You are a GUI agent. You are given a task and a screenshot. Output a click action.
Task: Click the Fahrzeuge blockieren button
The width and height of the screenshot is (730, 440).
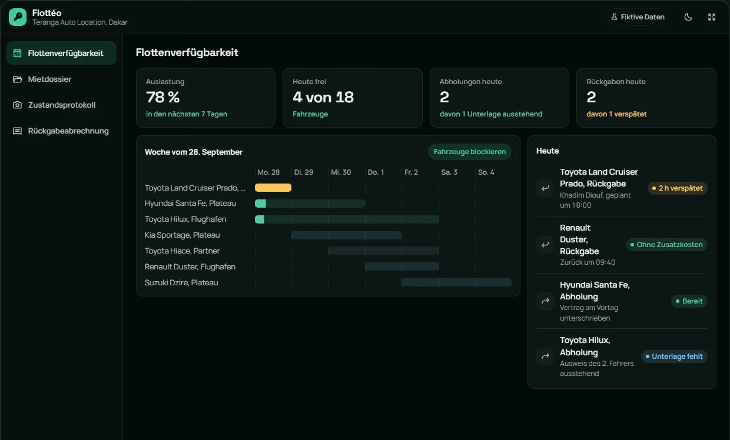pos(469,152)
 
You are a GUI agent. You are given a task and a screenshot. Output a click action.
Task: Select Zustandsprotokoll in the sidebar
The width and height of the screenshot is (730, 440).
pos(61,105)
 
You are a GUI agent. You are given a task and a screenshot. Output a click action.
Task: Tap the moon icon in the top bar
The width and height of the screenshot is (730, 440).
pos(688,17)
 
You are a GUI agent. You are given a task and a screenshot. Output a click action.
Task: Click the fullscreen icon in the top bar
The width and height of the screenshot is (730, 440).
pos(711,17)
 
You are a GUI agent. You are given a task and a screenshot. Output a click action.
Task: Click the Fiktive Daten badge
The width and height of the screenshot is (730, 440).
pos(638,17)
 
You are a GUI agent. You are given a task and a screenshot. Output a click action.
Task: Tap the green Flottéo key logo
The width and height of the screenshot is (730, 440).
pos(18,17)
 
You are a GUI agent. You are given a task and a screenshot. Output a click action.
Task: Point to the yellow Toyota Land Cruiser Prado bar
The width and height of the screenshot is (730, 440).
pos(273,188)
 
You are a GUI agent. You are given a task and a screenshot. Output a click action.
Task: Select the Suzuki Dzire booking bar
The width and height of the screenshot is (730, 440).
pos(456,282)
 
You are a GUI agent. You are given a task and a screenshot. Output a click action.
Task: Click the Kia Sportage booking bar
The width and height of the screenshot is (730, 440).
pos(346,235)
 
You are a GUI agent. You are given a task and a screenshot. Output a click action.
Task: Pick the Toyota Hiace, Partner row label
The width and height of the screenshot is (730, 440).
pos(182,251)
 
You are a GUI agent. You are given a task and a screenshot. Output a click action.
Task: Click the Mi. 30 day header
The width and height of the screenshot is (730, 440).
pos(341,172)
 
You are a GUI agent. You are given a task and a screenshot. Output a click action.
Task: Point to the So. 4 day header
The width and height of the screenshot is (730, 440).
pos(486,172)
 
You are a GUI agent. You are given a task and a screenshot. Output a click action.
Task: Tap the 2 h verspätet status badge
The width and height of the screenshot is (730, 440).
pos(677,188)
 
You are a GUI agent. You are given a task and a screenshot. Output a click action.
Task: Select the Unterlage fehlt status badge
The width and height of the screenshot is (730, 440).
pos(674,356)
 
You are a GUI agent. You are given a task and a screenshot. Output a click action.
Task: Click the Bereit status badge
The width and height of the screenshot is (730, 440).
pos(689,301)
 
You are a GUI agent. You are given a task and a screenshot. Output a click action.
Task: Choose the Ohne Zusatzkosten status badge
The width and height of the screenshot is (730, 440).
pos(666,245)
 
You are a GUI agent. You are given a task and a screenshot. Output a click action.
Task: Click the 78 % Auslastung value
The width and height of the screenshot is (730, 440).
pos(162,97)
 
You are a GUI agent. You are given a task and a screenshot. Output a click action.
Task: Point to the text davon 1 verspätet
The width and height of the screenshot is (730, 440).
pos(616,114)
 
